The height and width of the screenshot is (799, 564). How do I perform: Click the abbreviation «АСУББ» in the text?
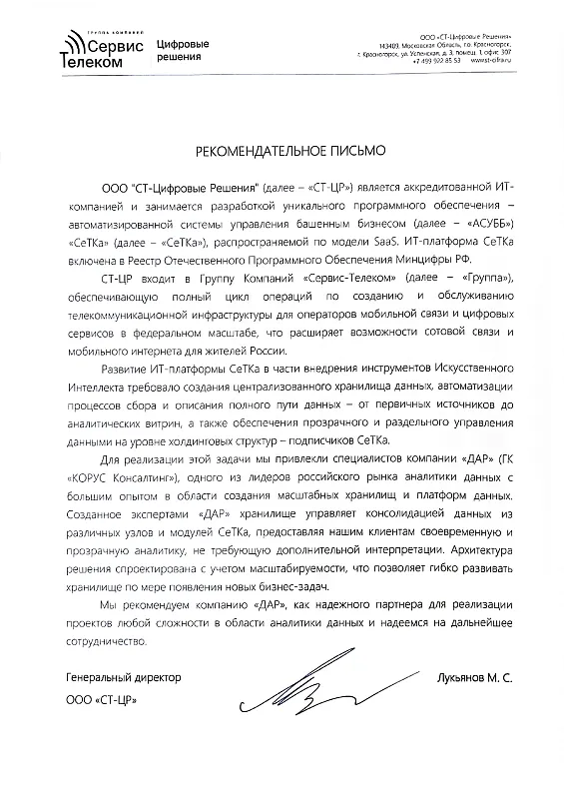pos(492,222)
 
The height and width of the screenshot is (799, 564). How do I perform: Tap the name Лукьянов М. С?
pos(474,678)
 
